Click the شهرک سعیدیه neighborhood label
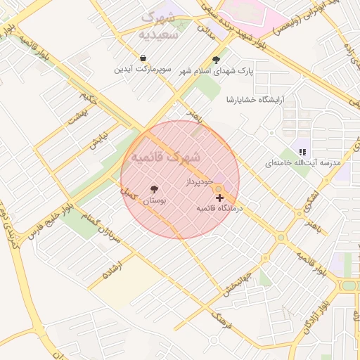point(164,25)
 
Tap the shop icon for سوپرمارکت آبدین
point(143,58)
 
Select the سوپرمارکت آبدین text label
point(143,70)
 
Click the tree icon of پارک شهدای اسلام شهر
point(216,60)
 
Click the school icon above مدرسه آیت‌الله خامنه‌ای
point(302,151)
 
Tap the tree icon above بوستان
point(155,189)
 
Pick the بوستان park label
point(155,201)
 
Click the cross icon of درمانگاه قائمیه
point(219,198)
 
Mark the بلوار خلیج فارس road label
point(49,223)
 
